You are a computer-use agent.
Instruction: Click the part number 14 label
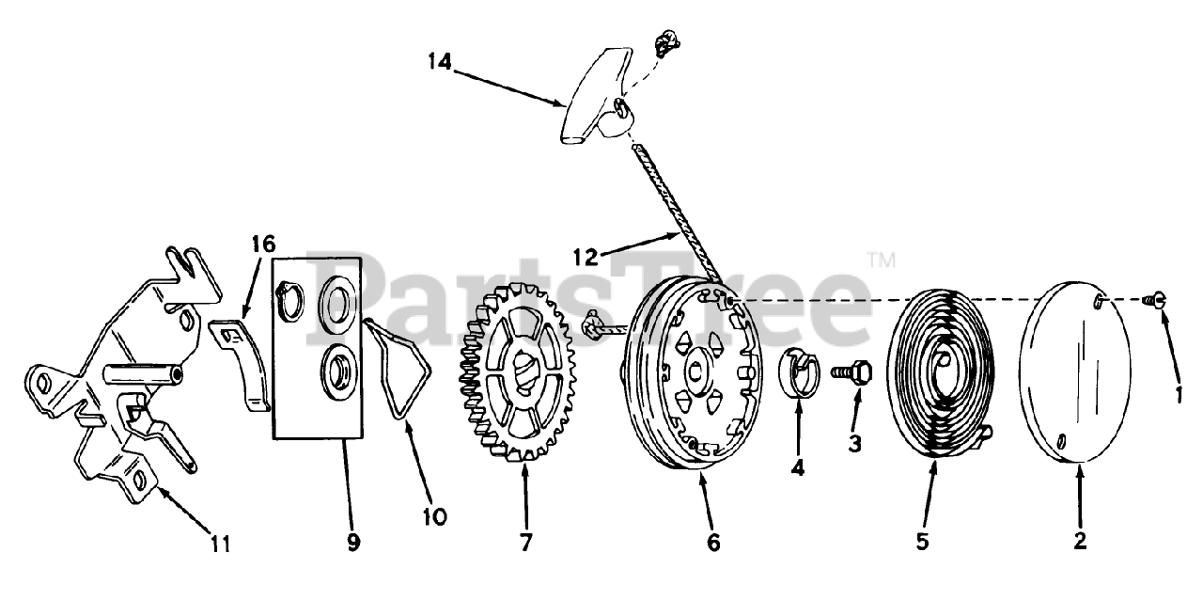[438, 62]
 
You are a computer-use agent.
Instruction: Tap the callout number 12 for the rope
[586, 256]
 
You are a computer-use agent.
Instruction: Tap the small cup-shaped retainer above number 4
[798, 375]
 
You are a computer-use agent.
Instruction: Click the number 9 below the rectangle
[353, 543]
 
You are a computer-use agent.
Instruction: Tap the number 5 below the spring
[922, 542]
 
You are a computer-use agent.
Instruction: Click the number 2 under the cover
[1079, 542]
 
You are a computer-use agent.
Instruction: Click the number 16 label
[262, 246]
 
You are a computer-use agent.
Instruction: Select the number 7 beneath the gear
[525, 543]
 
